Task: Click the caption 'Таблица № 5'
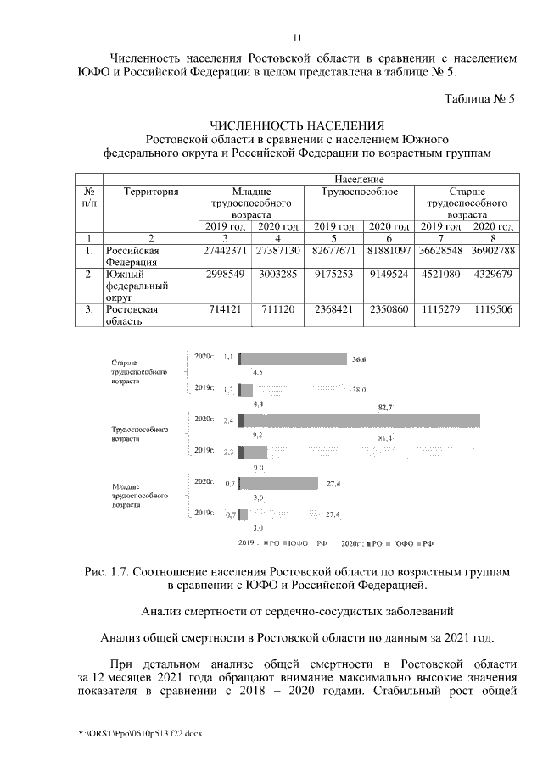coord(479,99)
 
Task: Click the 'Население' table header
coord(360,180)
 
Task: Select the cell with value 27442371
coord(225,252)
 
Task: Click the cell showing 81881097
coord(388,252)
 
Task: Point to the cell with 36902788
coord(493,252)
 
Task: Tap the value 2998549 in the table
coord(225,275)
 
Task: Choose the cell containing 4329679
coord(493,275)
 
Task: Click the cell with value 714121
coord(225,310)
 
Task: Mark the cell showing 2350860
coord(388,310)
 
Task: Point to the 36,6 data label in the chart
coord(357,359)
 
